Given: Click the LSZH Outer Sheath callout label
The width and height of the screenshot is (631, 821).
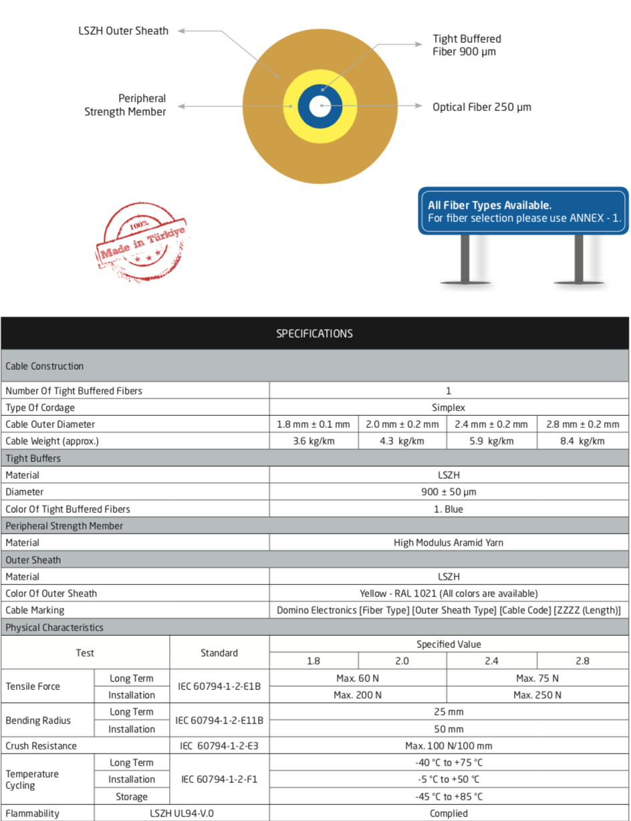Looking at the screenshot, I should (x=123, y=31).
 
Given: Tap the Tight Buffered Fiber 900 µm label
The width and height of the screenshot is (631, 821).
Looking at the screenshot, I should (x=467, y=45).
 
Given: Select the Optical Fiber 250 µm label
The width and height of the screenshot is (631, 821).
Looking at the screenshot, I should (x=481, y=107).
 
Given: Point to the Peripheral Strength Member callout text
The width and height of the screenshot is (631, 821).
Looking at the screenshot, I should (x=125, y=105).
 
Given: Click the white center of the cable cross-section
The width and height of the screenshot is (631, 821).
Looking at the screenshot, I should (x=320, y=106).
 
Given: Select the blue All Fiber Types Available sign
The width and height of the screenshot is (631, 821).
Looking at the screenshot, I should (x=523, y=212).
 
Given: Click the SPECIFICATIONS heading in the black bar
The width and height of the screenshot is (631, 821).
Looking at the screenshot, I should (x=314, y=333).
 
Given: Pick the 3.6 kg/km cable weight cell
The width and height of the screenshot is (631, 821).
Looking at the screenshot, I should (x=313, y=441).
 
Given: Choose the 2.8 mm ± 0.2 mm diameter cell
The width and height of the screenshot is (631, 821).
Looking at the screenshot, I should (x=582, y=424).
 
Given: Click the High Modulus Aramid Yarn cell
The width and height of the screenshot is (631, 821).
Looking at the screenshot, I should (x=449, y=543).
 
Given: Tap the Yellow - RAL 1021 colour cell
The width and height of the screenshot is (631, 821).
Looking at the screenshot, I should (x=449, y=593).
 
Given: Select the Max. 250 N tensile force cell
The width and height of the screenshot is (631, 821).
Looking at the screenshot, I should (x=537, y=695).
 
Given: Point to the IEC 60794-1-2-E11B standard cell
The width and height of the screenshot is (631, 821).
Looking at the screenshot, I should (x=219, y=720).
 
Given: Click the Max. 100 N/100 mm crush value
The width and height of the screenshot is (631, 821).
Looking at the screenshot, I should (x=449, y=745).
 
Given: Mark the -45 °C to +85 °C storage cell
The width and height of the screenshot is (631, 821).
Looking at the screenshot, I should (x=449, y=796).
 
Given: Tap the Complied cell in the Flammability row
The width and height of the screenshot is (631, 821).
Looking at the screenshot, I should (x=449, y=813).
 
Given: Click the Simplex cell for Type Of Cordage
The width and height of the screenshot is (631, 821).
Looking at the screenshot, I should (x=449, y=407).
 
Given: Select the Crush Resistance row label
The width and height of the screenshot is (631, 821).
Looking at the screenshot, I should (x=41, y=745).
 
